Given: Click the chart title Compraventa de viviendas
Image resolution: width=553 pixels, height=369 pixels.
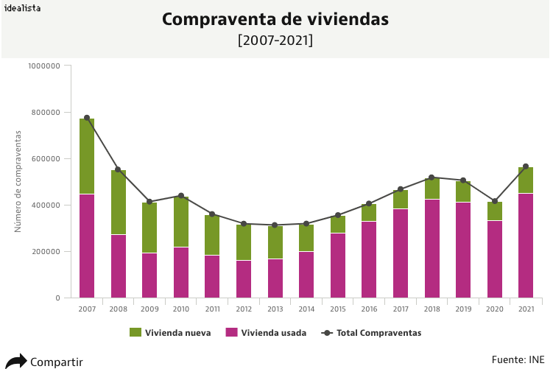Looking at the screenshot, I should (x=275, y=20).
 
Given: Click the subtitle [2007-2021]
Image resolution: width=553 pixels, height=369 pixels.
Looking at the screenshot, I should (x=275, y=41).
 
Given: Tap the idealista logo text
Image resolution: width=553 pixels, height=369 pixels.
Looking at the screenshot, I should (x=22, y=8).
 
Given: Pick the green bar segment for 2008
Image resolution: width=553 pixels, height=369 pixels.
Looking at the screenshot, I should (x=119, y=203).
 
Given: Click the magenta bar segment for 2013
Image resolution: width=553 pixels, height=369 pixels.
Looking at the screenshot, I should (x=275, y=278).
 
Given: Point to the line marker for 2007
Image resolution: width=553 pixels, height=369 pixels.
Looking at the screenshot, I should (x=87, y=118).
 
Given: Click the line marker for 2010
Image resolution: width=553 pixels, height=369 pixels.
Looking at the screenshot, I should (x=181, y=196).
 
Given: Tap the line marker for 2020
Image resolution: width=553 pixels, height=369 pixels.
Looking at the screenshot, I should (x=495, y=201).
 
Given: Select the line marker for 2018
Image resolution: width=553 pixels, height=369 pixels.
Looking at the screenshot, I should (x=432, y=178).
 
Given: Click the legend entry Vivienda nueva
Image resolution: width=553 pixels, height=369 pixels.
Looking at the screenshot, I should (x=170, y=333).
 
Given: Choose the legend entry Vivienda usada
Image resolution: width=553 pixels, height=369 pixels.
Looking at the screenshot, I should (x=266, y=333).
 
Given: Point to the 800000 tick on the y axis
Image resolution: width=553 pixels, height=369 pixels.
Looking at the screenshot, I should (x=44, y=113).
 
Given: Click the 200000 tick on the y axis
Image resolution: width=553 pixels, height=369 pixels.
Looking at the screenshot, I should (x=44, y=252).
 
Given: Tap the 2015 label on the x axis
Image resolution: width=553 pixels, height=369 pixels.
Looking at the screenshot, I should (x=338, y=309).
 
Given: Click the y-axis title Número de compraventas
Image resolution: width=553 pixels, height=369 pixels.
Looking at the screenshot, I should (x=18, y=181).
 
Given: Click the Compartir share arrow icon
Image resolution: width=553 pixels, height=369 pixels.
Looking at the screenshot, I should (x=16, y=361).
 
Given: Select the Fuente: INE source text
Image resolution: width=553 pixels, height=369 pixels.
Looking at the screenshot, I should (x=518, y=359).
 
